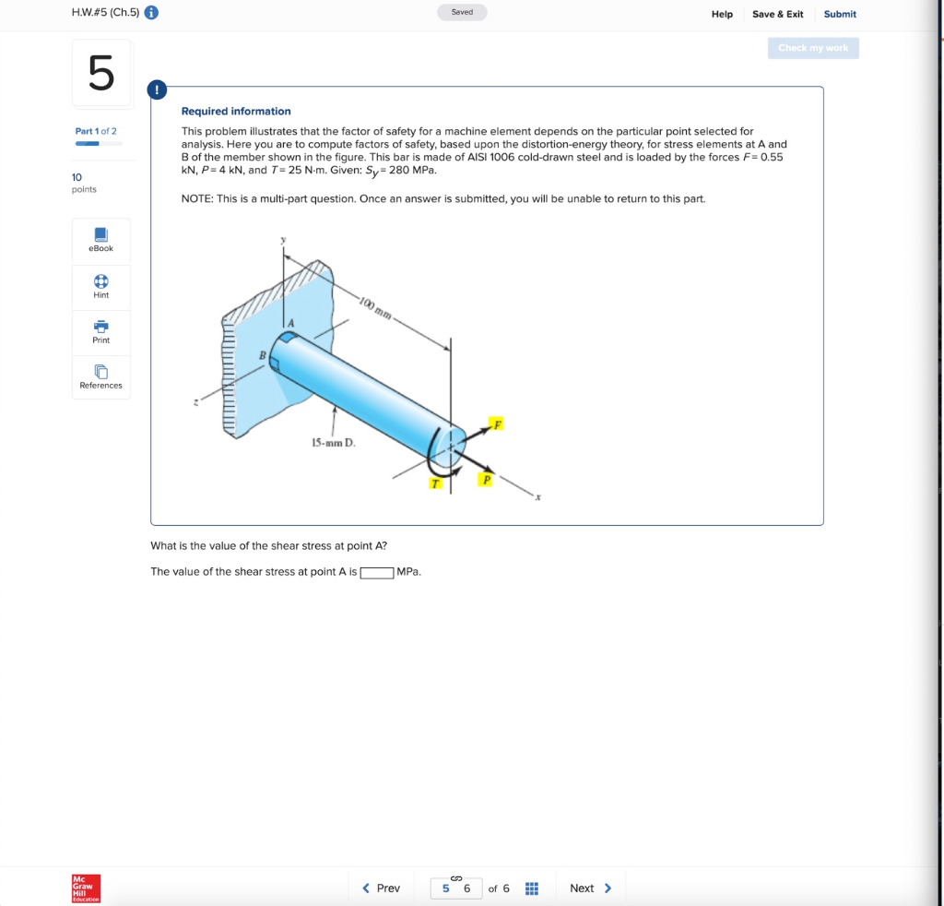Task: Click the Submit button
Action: coord(839,14)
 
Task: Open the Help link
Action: coord(722,14)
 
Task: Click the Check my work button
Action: coord(812,48)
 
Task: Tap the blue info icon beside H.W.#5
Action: coord(151,13)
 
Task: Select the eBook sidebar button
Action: coord(101,240)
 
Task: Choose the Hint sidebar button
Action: coord(101,287)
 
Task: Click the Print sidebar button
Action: coord(101,332)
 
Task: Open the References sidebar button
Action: coord(101,377)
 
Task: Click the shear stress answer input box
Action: coord(377,572)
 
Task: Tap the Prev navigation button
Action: coord(381,888)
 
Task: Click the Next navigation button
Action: coord(590,888)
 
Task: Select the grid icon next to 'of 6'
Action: coord(531,888)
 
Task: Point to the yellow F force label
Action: coord(497,424)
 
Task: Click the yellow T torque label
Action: coord(435,483)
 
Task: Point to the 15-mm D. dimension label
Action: coord(333,443)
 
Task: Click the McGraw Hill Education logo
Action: coord(86,888)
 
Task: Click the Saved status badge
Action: coord(462,13)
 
